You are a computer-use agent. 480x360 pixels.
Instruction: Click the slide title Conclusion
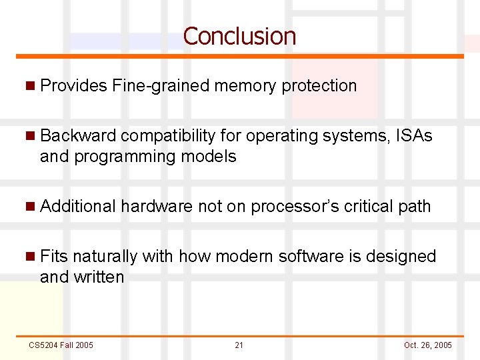(239, 36)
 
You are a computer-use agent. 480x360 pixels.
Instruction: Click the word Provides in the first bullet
(73, 86)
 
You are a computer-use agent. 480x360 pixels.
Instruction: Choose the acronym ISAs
(414, 136)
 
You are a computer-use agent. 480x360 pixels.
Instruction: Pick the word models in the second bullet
(213, 157)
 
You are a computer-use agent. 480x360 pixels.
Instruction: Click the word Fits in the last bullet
(53, 257)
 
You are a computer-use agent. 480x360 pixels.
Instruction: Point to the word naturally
(105, 257)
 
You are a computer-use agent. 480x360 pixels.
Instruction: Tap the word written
(99, 277)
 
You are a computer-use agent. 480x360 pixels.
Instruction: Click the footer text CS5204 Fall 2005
(61, 345)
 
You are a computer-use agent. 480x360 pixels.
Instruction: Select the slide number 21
(239, 345)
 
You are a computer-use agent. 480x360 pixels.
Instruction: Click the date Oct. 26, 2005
(427, 345)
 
